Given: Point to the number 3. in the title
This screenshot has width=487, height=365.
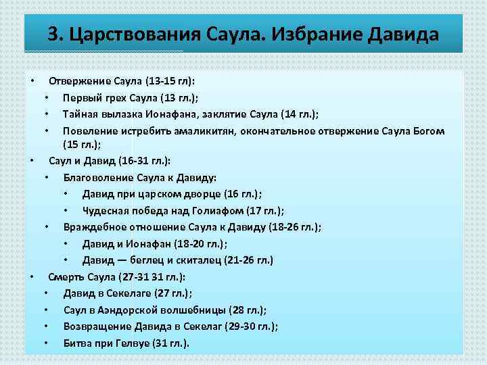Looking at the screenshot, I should [x=56, y=34].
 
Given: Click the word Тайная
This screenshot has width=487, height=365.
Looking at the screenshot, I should [x=81, y=113].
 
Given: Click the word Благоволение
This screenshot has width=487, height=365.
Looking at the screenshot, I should [x=102, y=178].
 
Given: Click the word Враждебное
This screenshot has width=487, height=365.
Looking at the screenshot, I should [x=97, y=226].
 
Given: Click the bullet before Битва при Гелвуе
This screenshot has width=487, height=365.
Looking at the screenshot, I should [x=45, y=343].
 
